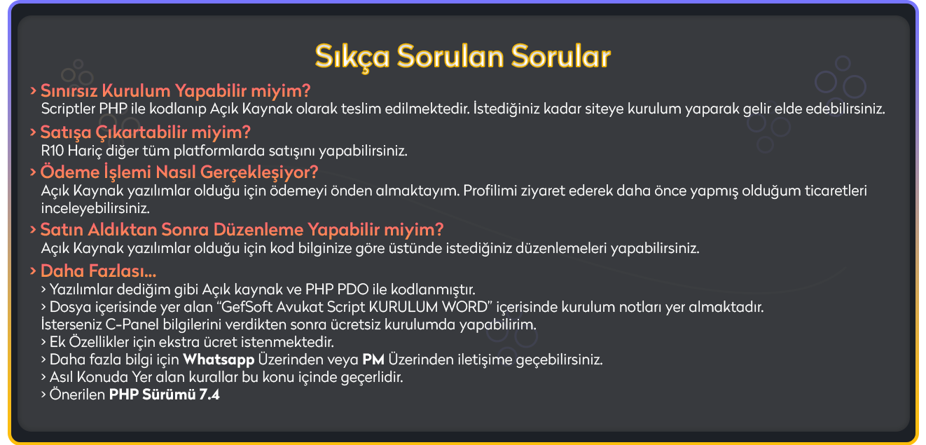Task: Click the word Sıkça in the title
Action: coord(352,57)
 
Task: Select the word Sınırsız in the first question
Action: coord(69,90)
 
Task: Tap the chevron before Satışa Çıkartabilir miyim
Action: coord(33,132)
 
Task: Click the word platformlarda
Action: coord(219,151)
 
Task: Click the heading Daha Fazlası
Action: coord(98,271)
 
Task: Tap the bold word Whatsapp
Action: coord(219,360)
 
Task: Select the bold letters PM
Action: coord(373,360)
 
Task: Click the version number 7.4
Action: coord(209,395)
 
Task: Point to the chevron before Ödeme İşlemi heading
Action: coord(33,172)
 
